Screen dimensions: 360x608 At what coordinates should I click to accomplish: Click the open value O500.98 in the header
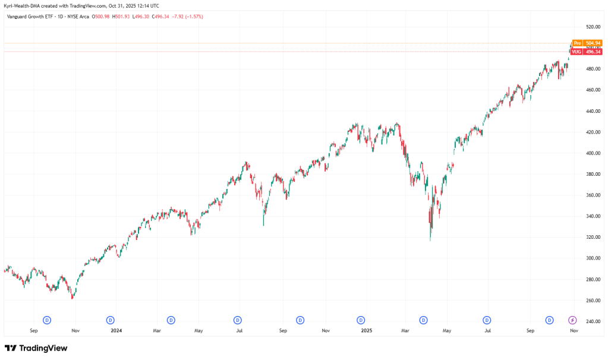[x=101, y=17]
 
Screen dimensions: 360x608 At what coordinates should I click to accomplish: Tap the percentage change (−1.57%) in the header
[x=194, y=17]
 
